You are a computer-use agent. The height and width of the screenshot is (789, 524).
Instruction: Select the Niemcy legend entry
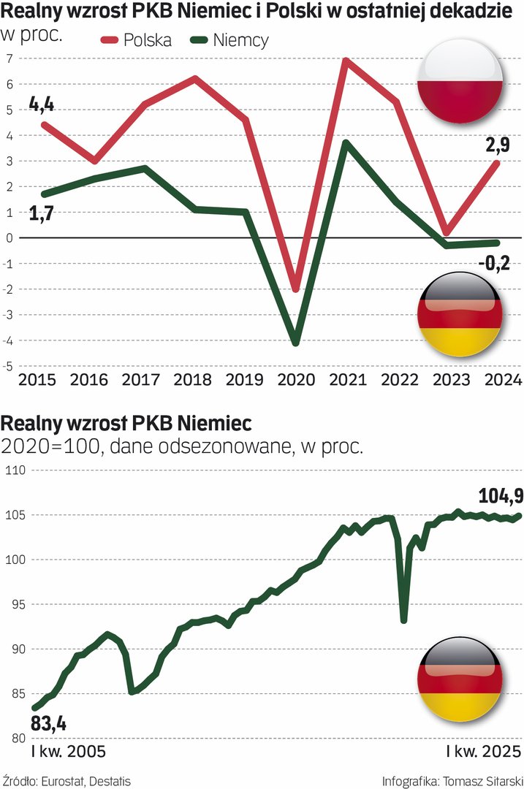coord(230,40)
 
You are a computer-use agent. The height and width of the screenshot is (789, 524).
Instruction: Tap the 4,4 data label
coord(42,104)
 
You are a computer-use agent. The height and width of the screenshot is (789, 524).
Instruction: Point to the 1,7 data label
coord(42,214)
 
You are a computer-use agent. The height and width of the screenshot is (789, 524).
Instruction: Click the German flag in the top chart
coord(459,315)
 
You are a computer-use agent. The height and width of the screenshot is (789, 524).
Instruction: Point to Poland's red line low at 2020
coord(295,290)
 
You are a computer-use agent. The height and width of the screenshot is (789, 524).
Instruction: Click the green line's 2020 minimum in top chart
coord(295,343)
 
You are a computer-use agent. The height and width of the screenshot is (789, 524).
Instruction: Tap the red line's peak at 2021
coord(345,61)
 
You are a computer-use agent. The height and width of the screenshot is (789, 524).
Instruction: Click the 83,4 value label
coord(49,725)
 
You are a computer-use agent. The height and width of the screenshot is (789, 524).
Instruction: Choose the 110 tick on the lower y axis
coord(15,470)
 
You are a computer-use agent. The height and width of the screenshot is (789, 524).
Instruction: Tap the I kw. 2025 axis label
coord(483,752)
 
